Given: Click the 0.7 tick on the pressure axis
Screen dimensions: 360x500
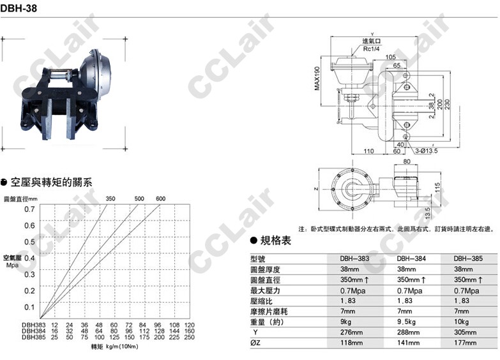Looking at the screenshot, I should click(29, 209).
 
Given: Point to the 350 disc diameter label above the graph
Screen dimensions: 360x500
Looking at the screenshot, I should click(110, 199).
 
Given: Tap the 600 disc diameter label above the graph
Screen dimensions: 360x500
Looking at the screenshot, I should click(160, 199).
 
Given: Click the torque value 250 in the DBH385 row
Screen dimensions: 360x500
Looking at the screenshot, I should click(189, 337).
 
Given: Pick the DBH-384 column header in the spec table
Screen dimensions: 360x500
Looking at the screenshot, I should click(412, 259).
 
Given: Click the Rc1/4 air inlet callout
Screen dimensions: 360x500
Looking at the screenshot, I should click(372, 48).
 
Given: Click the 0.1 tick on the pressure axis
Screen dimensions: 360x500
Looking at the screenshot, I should click(29, 306).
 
